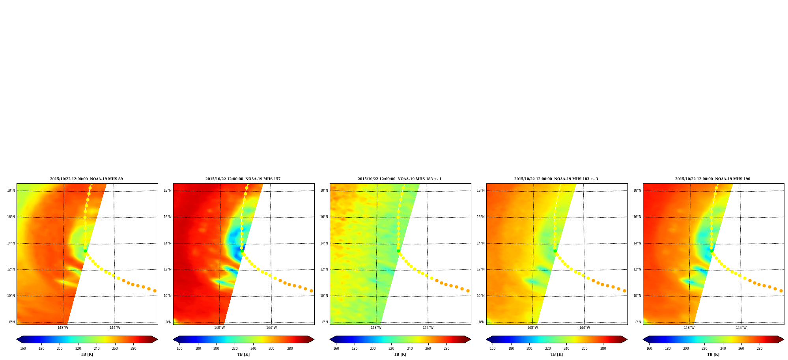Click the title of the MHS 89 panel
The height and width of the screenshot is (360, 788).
pyautogui.click(x=86, y=179)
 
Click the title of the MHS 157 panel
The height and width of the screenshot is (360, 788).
pyautogui.click(x=243, y=179)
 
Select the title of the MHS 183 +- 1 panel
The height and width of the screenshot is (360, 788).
pyautogui.click(x=400, y=179)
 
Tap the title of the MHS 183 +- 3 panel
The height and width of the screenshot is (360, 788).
pyautogui.click(x=556, y=179)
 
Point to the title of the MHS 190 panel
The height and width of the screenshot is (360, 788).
pyautogui.click(x=713, y=179)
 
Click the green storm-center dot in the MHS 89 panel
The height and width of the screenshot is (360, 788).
pyautogui.click(x=85, y=251)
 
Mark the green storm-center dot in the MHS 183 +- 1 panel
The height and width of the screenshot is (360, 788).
pyautogui.click(x=398, y=251)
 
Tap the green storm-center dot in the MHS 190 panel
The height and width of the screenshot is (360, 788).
pyautogui.click(x=711, y=251)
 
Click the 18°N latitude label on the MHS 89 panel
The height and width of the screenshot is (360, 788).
pyautogui.click(x=11, y=190)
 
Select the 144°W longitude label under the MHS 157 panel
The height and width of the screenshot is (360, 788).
pyautogui.click(x=271, y=328)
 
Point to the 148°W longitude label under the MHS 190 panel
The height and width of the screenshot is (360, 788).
pyautogui.click(x=689, y=328)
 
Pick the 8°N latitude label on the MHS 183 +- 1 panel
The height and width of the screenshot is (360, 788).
pyautogui.click(x=325, y=322)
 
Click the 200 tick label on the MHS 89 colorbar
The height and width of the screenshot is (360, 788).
pyautogui.click(x=60, y=349)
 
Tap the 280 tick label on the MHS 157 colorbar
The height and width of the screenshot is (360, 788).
pyautogui.click(x=290, y=349)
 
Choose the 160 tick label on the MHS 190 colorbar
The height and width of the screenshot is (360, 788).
pyautogui.click(x=649, y=349)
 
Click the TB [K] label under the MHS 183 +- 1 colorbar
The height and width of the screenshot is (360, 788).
pyautogui.click(x=400, y=354)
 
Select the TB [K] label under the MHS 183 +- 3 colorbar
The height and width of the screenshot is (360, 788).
pyautogui.click(x=556, y=354)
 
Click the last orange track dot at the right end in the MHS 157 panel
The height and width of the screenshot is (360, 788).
pyautogui.click(x=311, y=291)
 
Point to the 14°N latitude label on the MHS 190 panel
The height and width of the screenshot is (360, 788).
pyautogui.click(x=637, y=243)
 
